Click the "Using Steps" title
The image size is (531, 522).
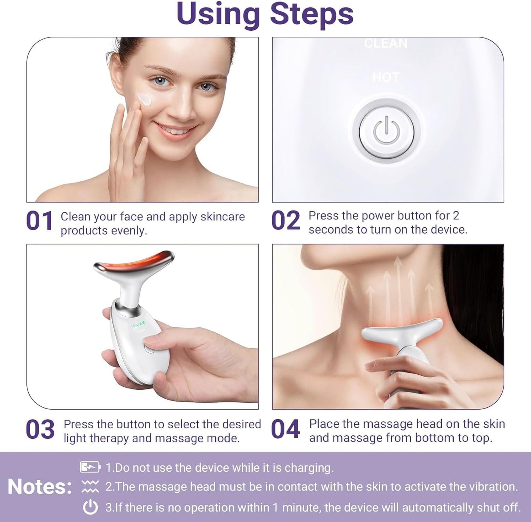click(x=265, y=15)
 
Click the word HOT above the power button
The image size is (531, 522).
click(x=385, y=77)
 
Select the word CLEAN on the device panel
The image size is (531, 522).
click(x=385, y=44)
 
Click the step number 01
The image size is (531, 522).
click(x=39, y=222)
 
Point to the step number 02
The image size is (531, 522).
click(x=286, y=221)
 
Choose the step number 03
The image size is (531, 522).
click(x=40, y=430)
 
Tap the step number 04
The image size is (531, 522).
click(x=286, y=430)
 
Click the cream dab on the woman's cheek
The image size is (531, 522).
click(x=144, y=99)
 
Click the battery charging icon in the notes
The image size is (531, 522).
click(x=90, y=467)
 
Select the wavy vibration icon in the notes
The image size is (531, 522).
click(x=90, y=486)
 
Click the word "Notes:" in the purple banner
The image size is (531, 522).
click(x=40, y=487)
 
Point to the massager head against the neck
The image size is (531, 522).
click(x=402, y=331)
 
